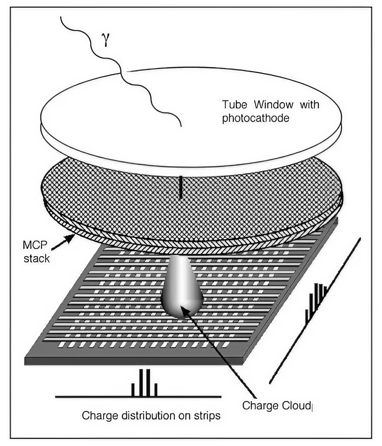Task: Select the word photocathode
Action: tap(256, 118)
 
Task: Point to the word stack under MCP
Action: tap(36, 258)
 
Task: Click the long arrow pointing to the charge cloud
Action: tap(222, 354)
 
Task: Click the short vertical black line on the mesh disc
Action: tap(181, 188)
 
